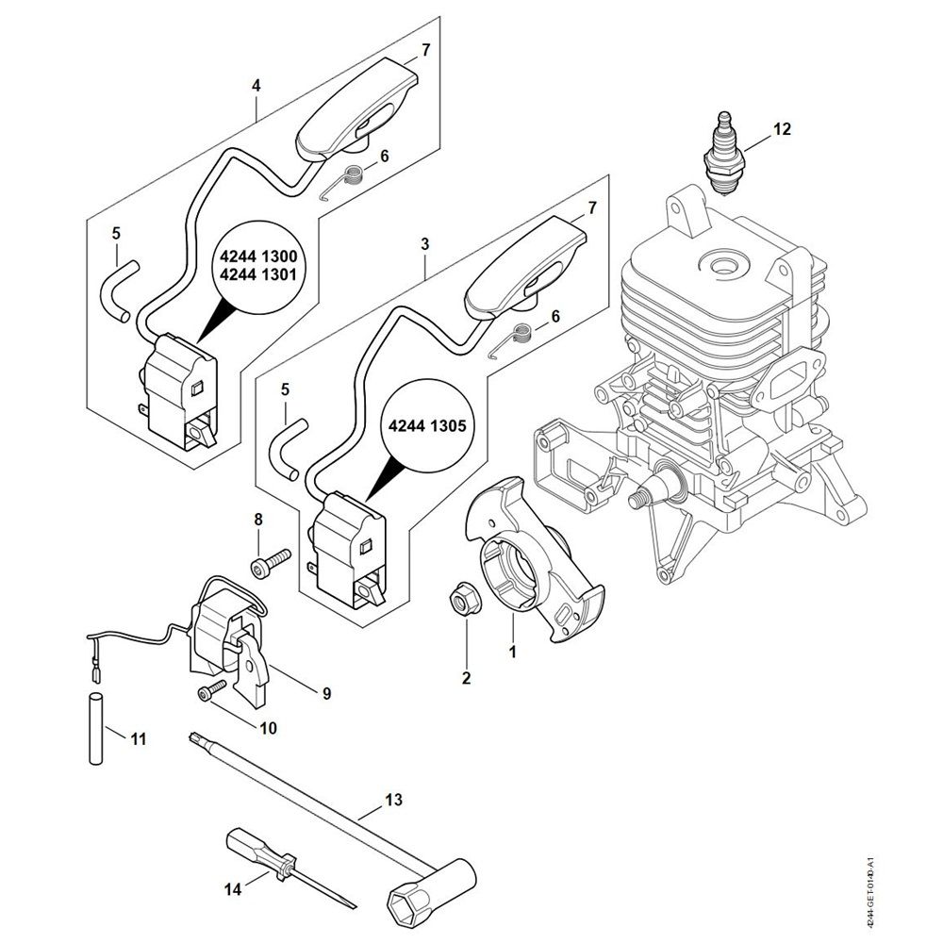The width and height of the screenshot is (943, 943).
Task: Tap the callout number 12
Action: [781, 130]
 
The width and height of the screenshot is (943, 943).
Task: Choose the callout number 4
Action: [256, 85]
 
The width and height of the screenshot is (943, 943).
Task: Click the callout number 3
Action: [425, 243]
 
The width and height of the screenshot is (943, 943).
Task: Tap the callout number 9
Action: [326, 693]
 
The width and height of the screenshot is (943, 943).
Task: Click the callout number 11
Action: [138, 738]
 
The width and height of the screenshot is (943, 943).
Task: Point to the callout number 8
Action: [257, 520]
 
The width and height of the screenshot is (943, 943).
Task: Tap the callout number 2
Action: [466, 675]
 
